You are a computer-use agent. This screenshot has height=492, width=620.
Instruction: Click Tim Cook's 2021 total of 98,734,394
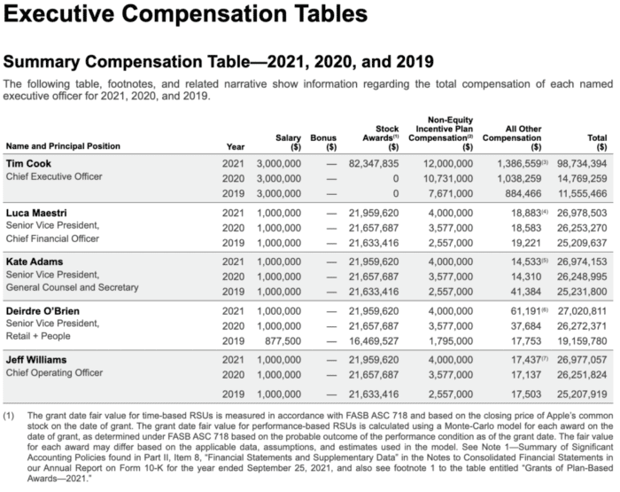click(582, 163)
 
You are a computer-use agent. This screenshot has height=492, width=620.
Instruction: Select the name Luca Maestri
click(36, 213)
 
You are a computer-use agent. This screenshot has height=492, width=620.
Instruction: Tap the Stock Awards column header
click(381, 137)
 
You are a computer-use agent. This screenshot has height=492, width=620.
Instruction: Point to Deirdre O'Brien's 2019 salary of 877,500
click(283, 340)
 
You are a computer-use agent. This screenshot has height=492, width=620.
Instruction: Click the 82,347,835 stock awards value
click(374, 163)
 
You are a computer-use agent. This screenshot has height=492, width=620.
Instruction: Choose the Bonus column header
click(323, 142)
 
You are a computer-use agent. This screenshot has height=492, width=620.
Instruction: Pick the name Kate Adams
click(35, 262)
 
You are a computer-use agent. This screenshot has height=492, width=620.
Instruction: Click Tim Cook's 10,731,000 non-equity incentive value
click(448, 178)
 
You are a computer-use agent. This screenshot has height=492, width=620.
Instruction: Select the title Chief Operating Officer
click(54, 373)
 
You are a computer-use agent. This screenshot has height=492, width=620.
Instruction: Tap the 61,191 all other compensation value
click(525, 311)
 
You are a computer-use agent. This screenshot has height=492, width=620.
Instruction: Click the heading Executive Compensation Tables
click(185, 14)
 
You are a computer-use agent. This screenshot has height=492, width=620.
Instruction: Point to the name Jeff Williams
click(36, 360)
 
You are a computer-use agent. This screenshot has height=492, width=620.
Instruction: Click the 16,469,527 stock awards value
click(374, 340)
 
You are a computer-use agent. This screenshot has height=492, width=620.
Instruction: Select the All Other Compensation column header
click(512, 137)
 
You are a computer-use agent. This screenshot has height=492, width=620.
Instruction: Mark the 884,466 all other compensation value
click(523, 193)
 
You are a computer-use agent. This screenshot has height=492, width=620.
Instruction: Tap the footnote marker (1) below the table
click(9, 416)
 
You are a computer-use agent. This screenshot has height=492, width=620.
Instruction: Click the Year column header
click(236, 147)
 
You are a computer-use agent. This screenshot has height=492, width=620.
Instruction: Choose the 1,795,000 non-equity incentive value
click(451, 340)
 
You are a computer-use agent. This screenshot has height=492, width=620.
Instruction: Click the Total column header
click(597, 142)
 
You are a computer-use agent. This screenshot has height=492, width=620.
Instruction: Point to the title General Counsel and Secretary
click(73, 287)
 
